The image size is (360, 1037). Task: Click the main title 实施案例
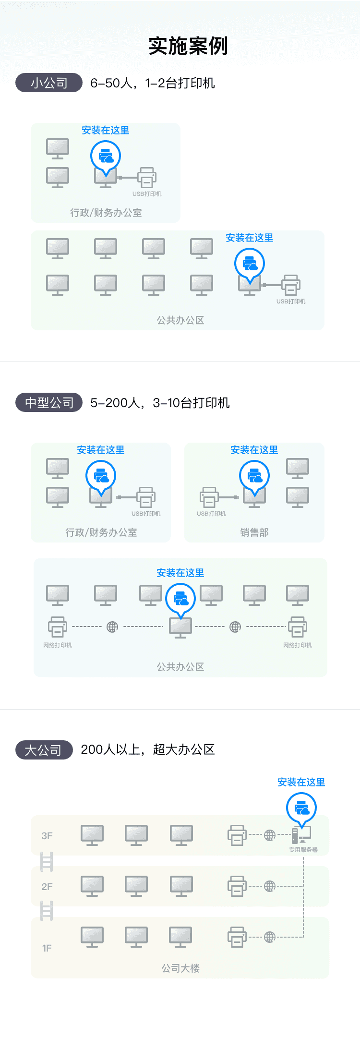point(188,46)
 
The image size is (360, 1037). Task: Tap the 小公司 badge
point(49,83)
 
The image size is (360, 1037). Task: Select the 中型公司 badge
point(49,403)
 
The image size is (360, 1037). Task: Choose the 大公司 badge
point(44,750)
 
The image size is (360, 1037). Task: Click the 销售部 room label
point(254,532)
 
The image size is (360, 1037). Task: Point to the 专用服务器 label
point(303,849)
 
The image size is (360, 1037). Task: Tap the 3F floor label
point(47,836)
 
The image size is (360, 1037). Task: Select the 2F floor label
point(47,887)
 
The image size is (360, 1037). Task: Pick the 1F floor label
point(47,948)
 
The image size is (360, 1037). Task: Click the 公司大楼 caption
point(180,968)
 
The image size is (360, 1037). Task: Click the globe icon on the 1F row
point(270,937)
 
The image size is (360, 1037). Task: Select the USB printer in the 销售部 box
point(209,497)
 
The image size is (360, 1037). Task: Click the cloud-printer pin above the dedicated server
point(301,809)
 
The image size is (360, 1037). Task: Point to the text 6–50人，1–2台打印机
point(153,83)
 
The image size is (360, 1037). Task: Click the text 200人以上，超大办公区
point(148,749)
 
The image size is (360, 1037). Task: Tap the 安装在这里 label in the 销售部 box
point(254,450)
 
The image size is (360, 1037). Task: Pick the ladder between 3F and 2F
point(47,861)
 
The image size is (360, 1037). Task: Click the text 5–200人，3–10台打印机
point(160,403)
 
